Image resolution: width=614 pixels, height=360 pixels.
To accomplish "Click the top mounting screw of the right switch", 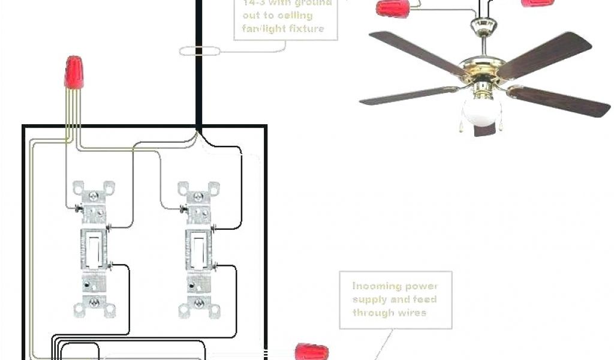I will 197,196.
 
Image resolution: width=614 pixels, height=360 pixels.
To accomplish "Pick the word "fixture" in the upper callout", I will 308,28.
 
